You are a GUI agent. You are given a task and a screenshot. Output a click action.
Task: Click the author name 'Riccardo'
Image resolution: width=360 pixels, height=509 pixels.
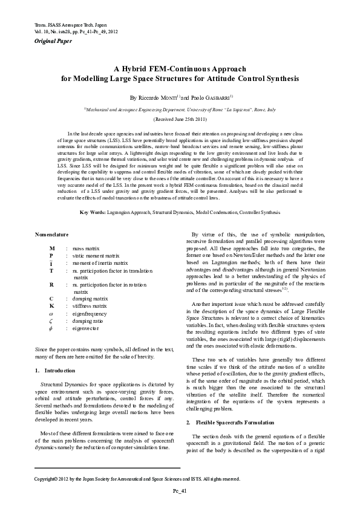pyautogui.click(x=149, y=97)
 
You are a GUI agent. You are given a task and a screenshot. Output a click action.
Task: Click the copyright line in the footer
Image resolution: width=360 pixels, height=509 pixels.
pyautogui.click(x=137, y=479)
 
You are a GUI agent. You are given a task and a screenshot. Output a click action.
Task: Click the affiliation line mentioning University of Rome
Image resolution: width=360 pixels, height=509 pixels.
pyautogui.click(x=180, y=110)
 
